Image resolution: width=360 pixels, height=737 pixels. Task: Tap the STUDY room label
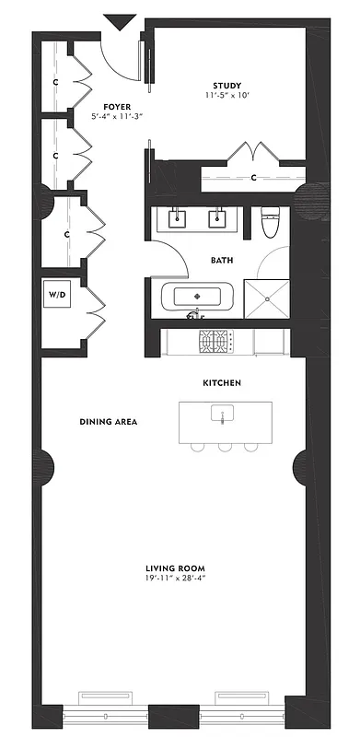pyautogui.click(x=226, y=84)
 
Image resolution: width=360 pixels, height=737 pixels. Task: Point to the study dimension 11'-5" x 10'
pyautogui.click(x=226, y=96)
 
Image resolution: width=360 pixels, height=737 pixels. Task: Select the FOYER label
pyautogui.click(x=115, y=107)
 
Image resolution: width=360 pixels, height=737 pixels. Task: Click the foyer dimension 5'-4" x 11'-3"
pyautogui.click(x=115, y=118)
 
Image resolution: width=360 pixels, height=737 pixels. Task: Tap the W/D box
pyautogui.click(x=56, y=296)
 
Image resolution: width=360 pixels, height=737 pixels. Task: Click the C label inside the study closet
pyautogui.click(x=253, y=177)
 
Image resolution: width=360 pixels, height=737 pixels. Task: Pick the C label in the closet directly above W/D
pyautogui.click(x=66, y=234)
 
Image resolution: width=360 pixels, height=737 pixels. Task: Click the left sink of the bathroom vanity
pyautogui.click(x=177, y=219)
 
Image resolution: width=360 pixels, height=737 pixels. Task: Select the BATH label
pyautogui.click(x=221, y=261)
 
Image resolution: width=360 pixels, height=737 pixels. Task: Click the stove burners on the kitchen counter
pyautogui.click(x=215, y=343)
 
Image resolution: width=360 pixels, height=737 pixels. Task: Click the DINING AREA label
pyautogui.click(x=108, y=422)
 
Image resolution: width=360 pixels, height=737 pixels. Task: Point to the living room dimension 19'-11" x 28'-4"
pyautogui.click(x=174, y=579)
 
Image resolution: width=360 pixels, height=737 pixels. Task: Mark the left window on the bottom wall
pyautogui.click(x=113, y=697)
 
